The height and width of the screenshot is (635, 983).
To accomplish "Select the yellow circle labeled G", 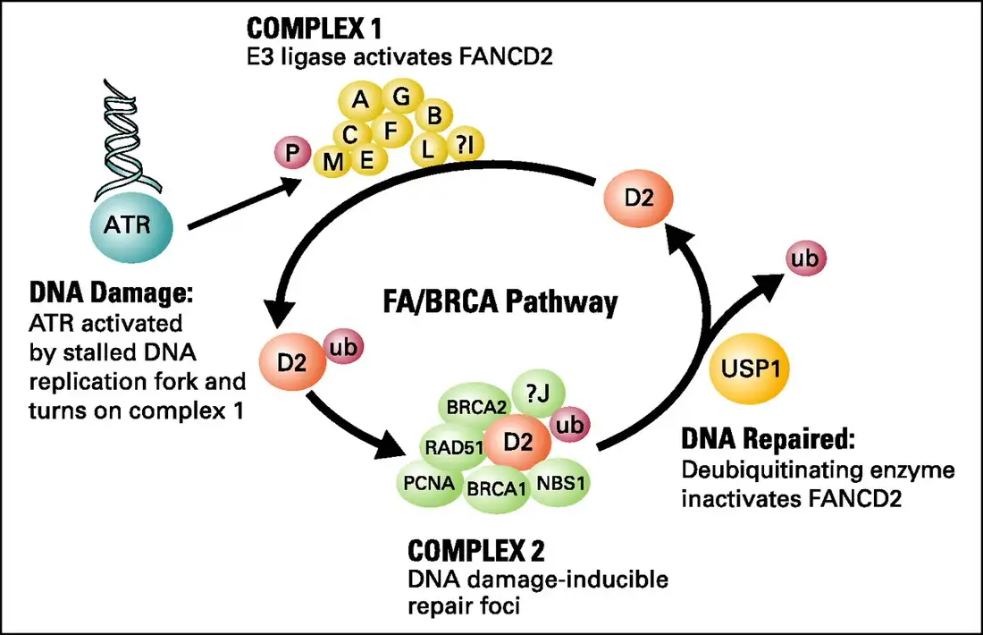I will coord(402,97).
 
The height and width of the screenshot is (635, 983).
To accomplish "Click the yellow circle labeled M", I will coord(332,161).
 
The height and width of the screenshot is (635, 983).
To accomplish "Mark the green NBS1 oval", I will coord(561,484).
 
